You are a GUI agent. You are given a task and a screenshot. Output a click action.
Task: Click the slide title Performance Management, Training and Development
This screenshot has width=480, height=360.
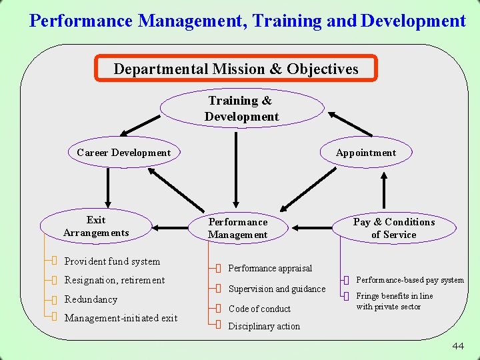pos(247,21)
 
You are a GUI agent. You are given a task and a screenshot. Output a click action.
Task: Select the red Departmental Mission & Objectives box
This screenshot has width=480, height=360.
pos(236,69)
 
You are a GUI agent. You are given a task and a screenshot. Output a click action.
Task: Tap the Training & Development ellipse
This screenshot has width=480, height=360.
pos(241,109)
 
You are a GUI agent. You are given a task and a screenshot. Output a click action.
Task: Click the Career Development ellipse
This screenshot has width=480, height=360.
pos(123,153)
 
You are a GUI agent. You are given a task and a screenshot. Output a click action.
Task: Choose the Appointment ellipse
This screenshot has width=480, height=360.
pos(365,153)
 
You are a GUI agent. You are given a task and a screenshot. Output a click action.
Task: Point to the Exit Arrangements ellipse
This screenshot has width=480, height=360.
pos(96,226)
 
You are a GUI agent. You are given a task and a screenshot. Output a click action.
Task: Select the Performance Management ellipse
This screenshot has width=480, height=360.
pos(237,228)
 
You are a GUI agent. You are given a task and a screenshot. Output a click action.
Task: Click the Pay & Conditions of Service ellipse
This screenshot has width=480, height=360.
pos(393,228)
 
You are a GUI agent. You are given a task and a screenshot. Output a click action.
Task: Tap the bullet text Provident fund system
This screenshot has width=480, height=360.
pos(112,261)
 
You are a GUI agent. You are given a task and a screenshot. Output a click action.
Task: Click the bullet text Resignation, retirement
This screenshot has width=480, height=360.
pos(115,280)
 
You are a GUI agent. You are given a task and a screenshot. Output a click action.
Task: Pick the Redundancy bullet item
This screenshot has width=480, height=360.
pos(91,299)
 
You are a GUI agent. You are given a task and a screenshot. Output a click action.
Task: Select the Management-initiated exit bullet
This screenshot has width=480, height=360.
pos(121,318)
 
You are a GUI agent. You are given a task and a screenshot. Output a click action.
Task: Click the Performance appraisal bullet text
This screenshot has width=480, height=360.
pos(270,268)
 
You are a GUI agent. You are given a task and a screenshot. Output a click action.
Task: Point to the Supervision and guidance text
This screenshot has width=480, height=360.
pos(277,289)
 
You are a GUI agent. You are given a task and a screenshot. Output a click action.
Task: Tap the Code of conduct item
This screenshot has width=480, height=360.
pos(259,309)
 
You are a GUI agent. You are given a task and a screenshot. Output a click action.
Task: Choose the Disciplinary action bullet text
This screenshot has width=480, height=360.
pos(264,326)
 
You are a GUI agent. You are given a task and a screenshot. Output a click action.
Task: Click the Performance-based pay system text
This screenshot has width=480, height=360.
pos(409,280)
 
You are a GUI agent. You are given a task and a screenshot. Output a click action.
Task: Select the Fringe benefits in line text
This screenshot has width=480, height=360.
pos(394,296)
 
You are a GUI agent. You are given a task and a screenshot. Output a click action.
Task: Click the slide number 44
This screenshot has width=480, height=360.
pos(458,345)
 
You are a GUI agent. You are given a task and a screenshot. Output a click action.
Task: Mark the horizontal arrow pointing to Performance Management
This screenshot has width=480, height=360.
pos(313,228)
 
